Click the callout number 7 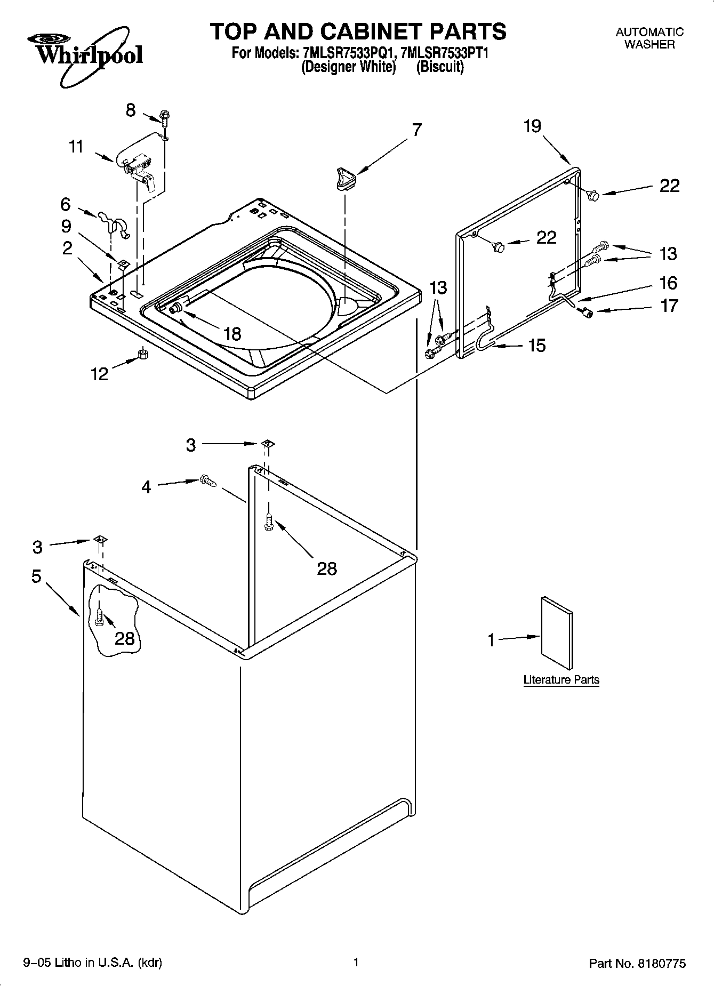coord(416,130)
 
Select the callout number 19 coord(532,126)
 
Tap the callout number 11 coord(76,146)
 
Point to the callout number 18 coord(232,334)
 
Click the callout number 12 coord(100,373)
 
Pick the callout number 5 coord(36,576)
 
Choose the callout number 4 coord(146,486)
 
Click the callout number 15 coord(536,346)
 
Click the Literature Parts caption coord(561,680)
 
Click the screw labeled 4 coord(207,481)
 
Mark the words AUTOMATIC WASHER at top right coord(649,38)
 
